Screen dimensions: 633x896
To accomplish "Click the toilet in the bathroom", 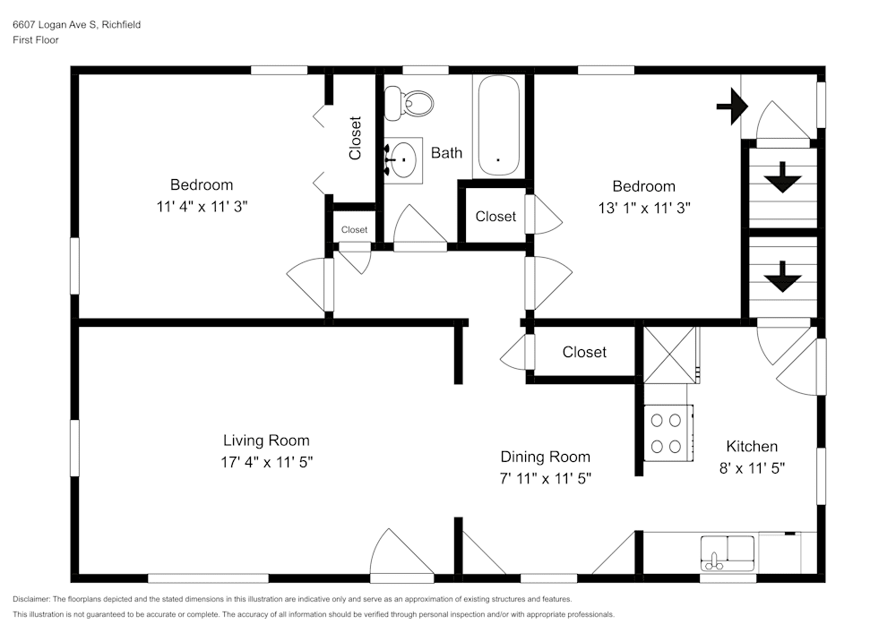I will [x=408, y=104].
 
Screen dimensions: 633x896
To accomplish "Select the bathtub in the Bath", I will [x=499, y=125].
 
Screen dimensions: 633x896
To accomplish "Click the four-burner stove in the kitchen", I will [x=666, y=432].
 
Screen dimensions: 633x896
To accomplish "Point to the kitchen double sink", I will [x=728, y=552].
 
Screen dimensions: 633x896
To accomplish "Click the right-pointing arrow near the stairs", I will [x=732, y=107].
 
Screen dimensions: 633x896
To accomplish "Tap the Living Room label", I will [x=266, y=441].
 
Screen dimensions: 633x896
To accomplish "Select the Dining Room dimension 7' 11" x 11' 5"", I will [x=545, y=478].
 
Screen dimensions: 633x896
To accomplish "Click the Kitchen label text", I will [x=752, y=447].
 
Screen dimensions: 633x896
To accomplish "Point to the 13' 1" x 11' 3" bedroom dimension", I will [x=642, y=207].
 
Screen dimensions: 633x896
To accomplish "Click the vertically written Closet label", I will [x=356, y=138].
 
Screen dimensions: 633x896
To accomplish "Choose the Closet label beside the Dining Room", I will [x=584, y=353].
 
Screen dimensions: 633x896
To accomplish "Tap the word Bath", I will [x=446, y=153].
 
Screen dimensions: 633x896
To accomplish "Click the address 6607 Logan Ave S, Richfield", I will [x=76, y=25].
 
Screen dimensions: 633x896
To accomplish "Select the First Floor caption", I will [x=36, y=40].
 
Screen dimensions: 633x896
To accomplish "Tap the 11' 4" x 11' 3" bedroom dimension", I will [x=202, y=205].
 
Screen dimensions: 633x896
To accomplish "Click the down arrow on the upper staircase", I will [x=782, y=177].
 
